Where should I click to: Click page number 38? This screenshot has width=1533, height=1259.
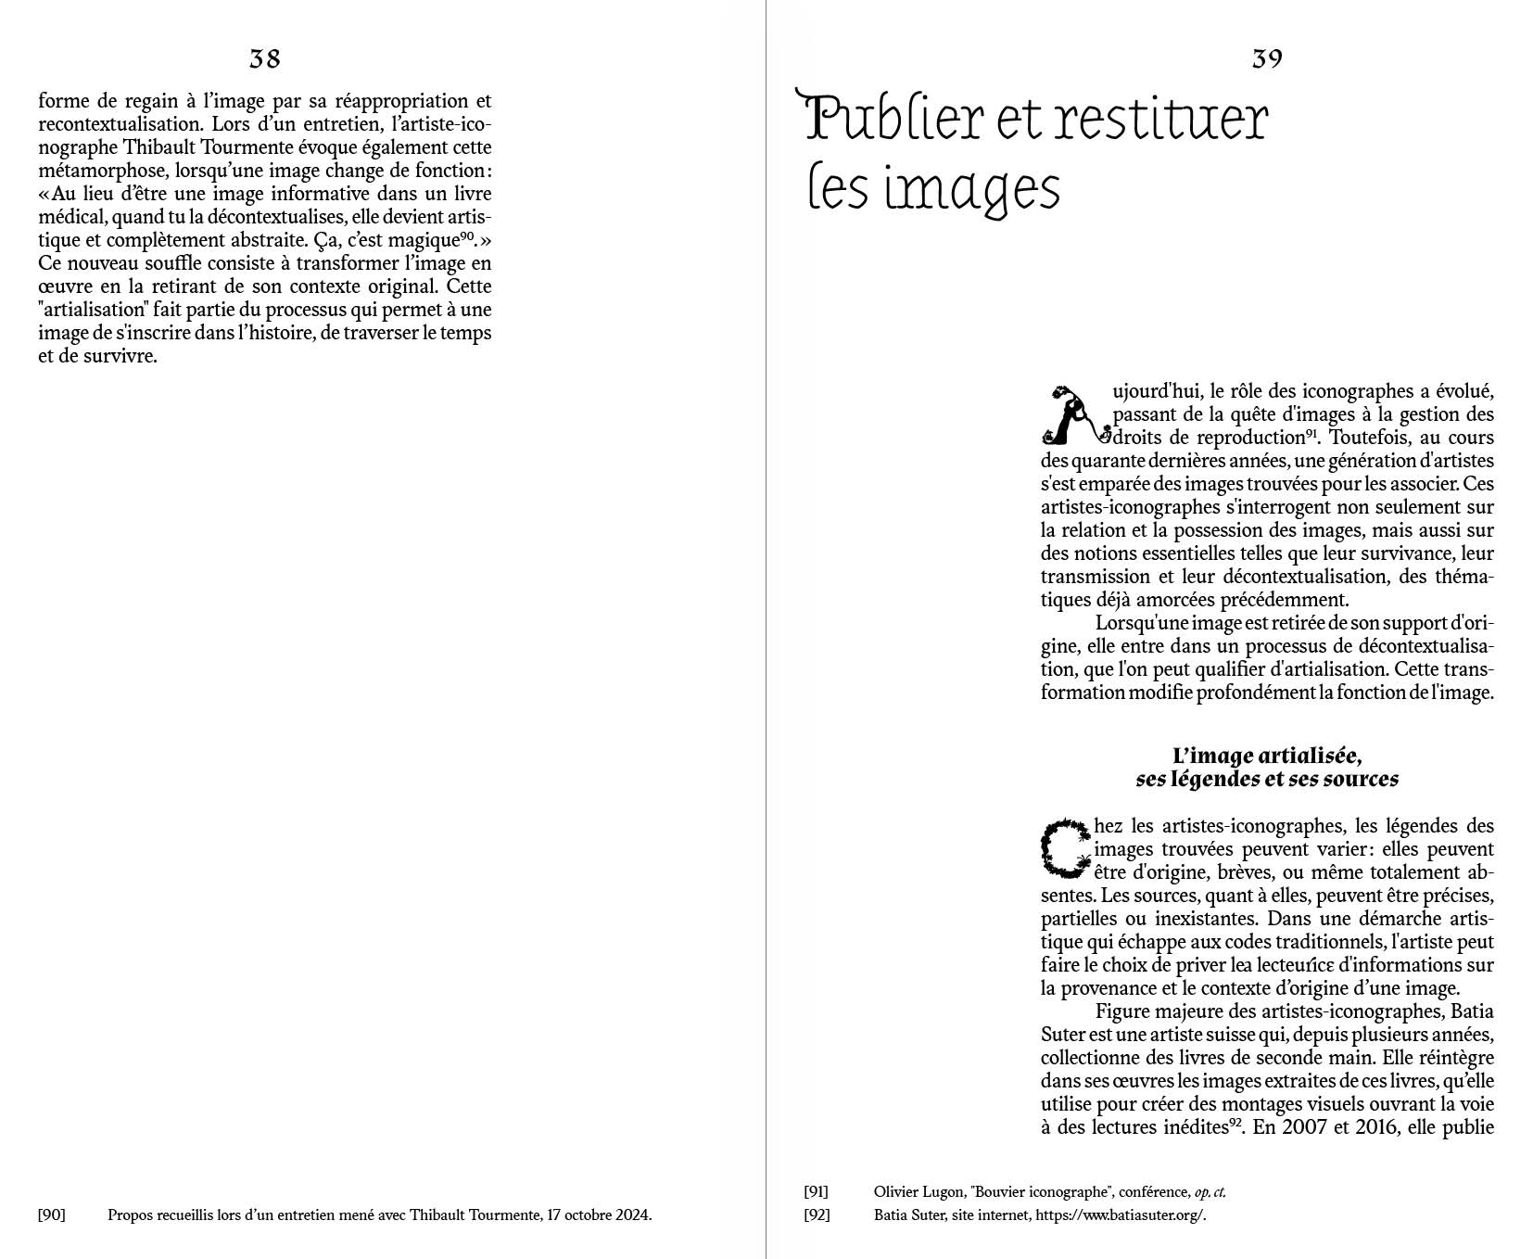pyautogui.click(x=264, y=59)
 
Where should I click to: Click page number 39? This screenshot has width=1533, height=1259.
pyautogui.click(x=1267, y=59)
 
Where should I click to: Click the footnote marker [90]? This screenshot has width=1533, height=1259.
pyautogui.click(x=51, y=1214)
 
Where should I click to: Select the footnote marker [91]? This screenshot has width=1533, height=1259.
pyautogui.click(x=816, y=1192)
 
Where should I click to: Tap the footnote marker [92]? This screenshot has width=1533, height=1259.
pyautogui.click(x=816, y=1214)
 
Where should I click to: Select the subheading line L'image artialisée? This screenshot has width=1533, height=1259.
pyautogui.click(x=1266, y=757)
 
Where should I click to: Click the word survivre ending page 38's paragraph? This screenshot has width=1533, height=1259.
pyautogui.click(x=120, y=356)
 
